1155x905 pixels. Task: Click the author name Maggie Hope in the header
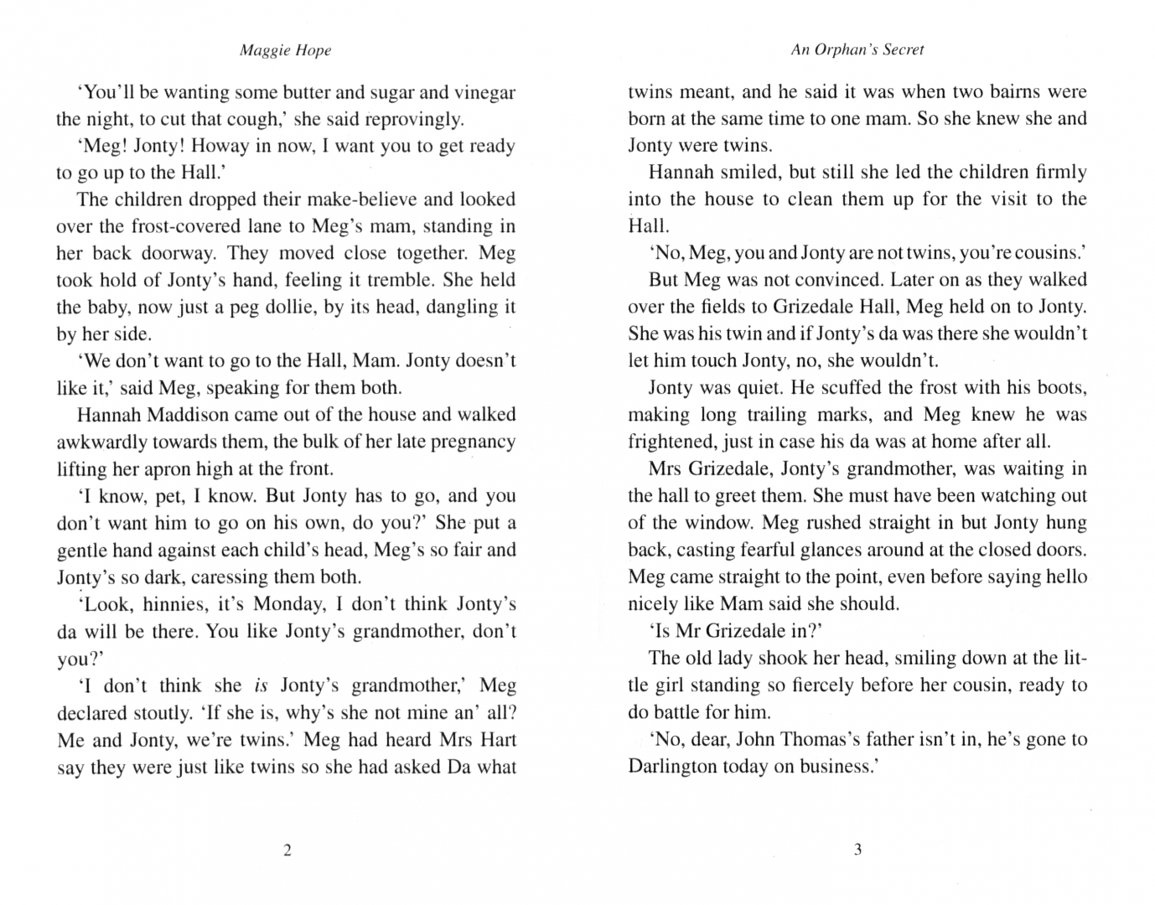click(x=285, y=50)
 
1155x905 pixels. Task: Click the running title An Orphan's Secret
click(x=857, y=50)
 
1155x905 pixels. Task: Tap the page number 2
click(x=287, y=851)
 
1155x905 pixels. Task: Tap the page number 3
click(x=857, y=851)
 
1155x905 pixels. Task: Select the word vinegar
click(x=484, y=92)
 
